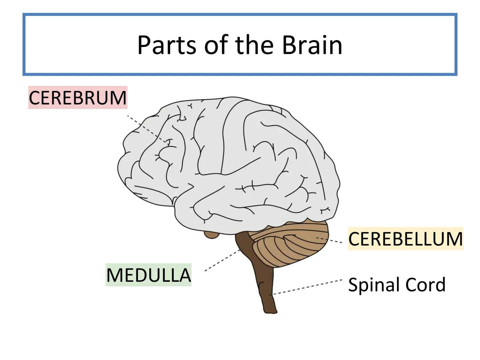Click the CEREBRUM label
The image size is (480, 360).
[78, 98]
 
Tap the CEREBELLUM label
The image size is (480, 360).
[405, 239]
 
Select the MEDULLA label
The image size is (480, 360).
[148, 275]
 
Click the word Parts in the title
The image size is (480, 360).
[166, 45]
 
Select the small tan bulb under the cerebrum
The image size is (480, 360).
[211, 235]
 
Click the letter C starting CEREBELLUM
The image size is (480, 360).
[354, 239]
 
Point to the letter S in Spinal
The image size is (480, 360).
[353, 285]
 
